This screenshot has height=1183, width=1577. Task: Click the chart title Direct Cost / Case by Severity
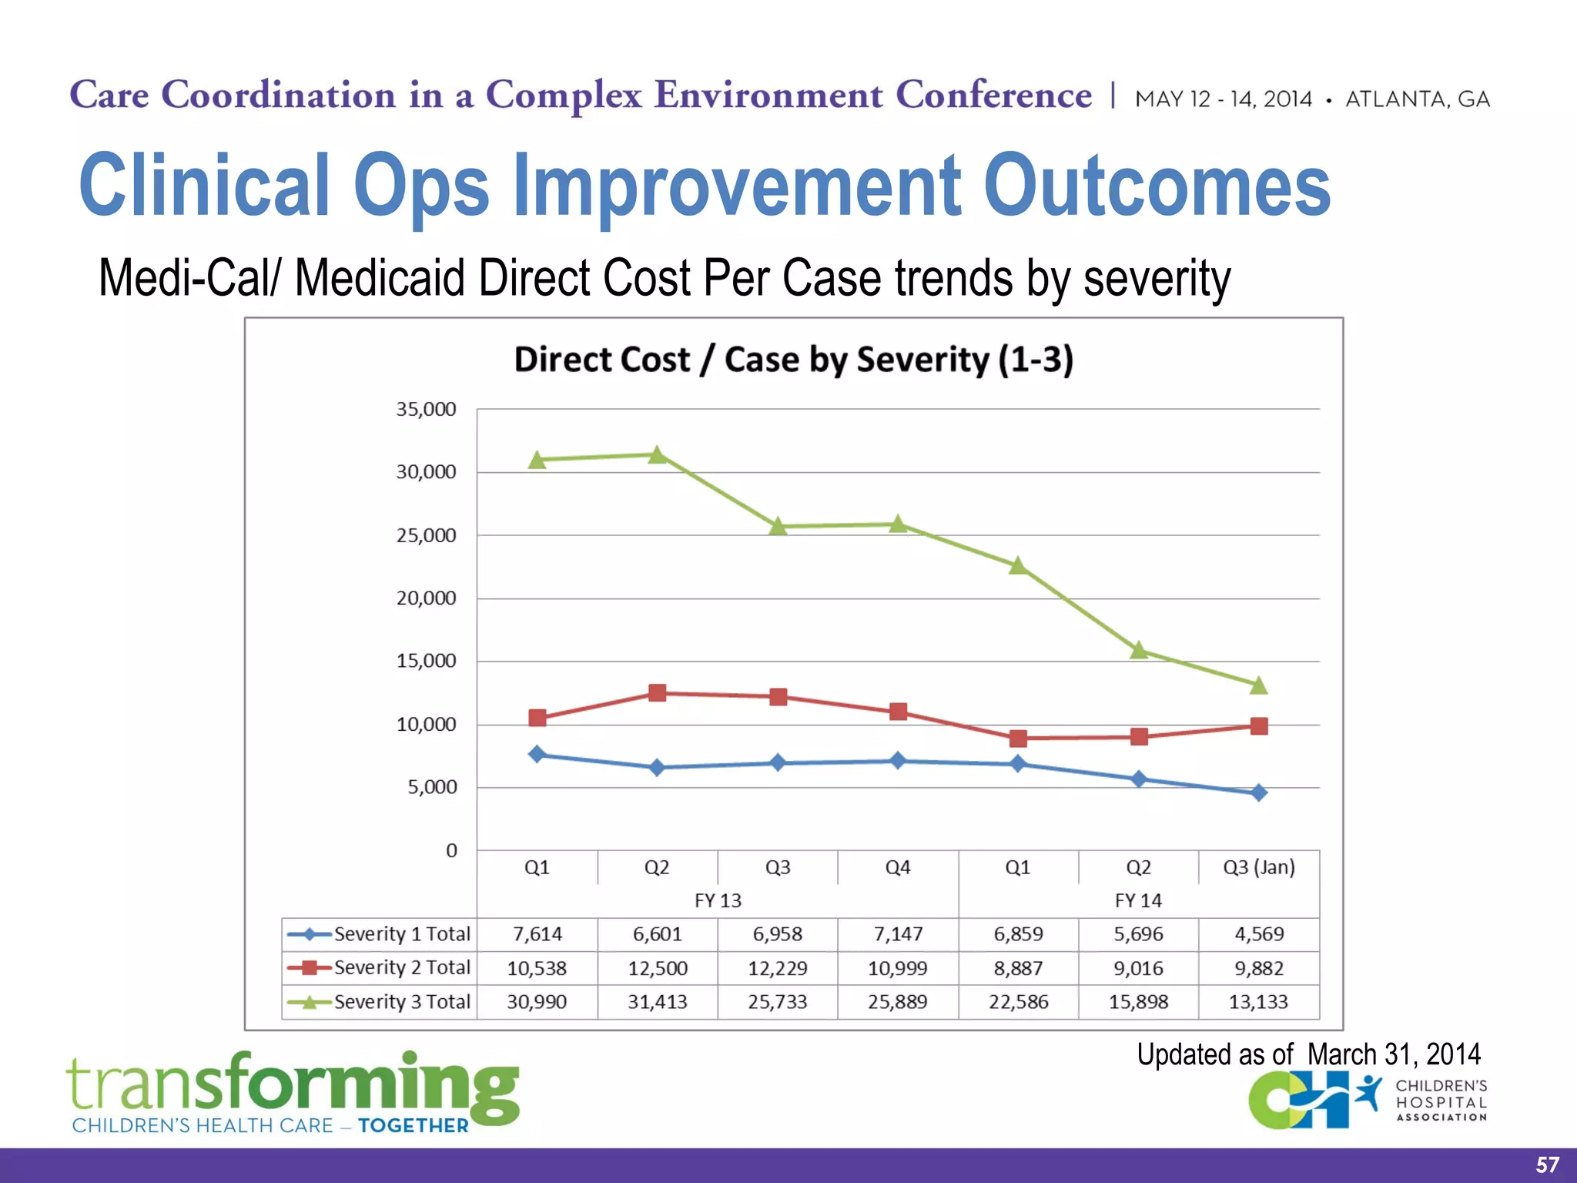click(793, 360)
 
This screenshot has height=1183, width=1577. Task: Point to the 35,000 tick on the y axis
click(426, 409)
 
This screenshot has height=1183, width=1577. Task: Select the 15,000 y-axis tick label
click(426, 661)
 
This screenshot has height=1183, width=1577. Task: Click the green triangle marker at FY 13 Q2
click(657, 455)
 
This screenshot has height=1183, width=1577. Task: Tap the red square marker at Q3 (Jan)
click(1259, 726)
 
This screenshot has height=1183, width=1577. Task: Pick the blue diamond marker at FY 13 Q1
click(537, 754)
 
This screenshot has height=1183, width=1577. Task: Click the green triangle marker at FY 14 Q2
click(1139, 651)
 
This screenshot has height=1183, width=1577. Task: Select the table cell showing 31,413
click(657, 1002)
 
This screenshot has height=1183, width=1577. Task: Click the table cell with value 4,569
click(1259, 934)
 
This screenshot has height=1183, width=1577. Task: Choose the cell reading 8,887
click(1018, 968)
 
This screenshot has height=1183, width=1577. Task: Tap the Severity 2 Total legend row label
click(402, 967)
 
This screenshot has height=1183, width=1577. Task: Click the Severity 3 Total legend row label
click(402, 1002)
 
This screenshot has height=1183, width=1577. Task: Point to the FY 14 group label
click(1138, 900)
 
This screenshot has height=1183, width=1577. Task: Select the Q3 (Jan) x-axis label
click(1259, 867)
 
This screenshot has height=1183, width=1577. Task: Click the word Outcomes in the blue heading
click(1157, 185)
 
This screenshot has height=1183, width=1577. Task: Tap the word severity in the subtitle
click(1157, 279)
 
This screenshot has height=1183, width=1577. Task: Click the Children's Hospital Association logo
click(1368, 1101)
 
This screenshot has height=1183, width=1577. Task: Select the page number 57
click(1547, 1165)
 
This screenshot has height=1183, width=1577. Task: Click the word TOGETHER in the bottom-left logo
click(413, 1125)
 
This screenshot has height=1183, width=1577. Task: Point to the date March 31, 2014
click(1394, 1054)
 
